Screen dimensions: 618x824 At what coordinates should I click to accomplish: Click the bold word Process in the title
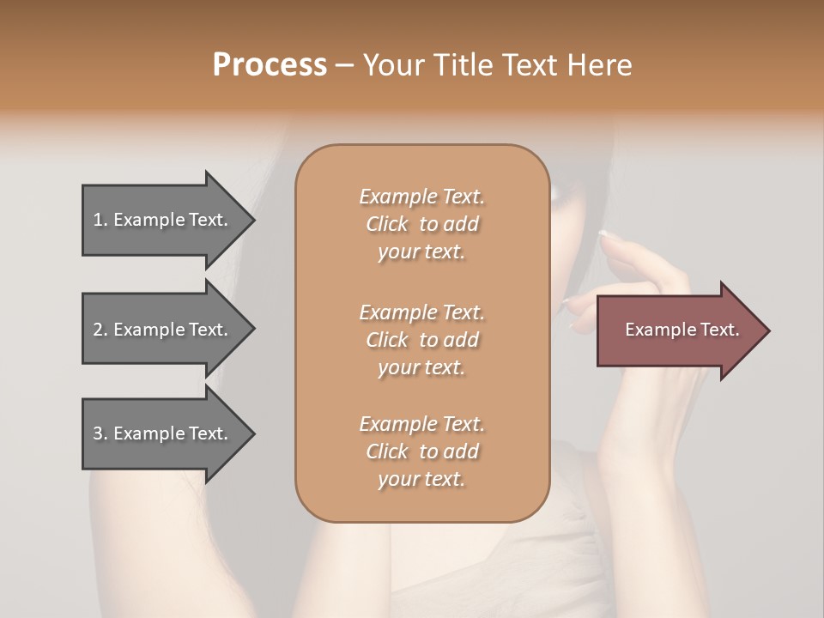tap(270, 65)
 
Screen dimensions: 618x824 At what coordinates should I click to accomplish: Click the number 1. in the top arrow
tap(100, 220)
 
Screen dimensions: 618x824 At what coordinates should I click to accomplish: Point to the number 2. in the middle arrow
tap(100, 330)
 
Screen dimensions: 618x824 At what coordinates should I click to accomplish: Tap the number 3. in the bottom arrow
tap(100, 433)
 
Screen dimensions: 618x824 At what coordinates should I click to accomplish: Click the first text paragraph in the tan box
tap(421, 224)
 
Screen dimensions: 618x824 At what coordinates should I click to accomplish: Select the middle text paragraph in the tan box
tap(421, 340)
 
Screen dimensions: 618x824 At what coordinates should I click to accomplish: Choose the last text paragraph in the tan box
tap(421, 451)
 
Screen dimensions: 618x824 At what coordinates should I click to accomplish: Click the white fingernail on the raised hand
tap(603, 233)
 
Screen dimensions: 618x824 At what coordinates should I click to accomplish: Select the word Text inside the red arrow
tap(719, 330)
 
